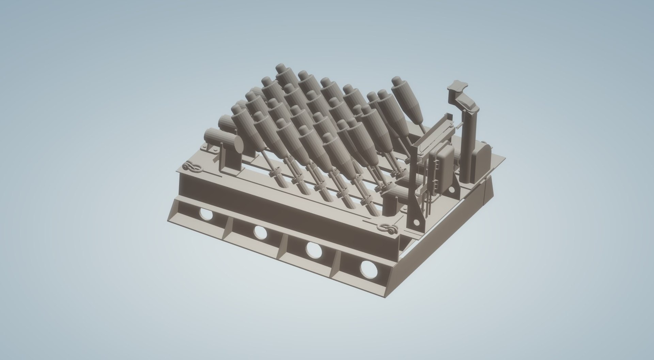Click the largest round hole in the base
pyautogui.click(x=369, y=268)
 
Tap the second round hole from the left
pyautogui.click(x=260, y=232)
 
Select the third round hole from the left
pyautogui.click(x=313, y=250)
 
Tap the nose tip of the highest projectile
pyautogui.click(x=281, y=66)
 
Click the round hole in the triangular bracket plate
pyautogui.click(x=416, y=222)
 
